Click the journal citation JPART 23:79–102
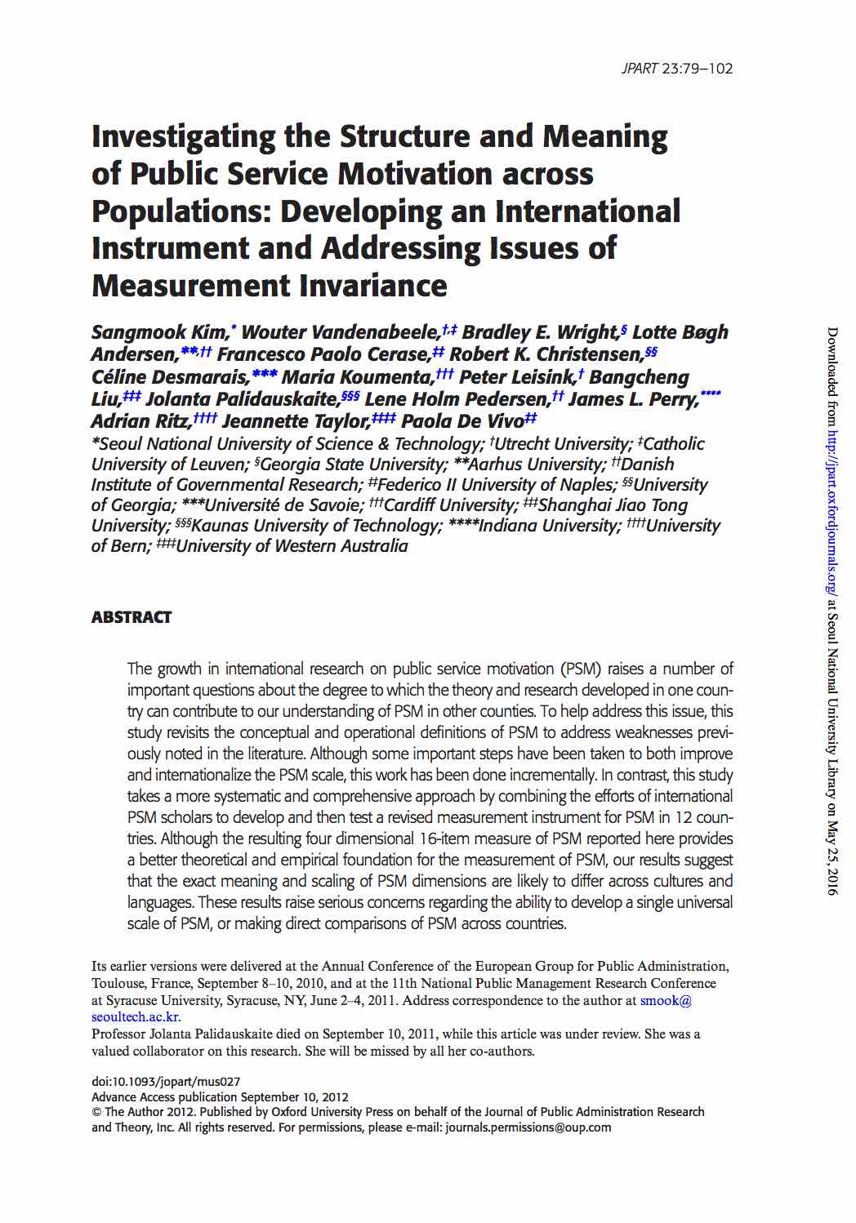[x=676, y=69]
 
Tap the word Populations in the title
[x=180, y=211]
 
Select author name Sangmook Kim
[x=160, y=333]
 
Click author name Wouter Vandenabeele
[x=341, y=333]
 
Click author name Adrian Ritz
[x=140, y=421]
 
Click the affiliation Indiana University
[x=549, y=526]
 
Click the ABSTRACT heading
[x=132, y=617]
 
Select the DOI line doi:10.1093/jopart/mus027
[x=166, y=1082]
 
